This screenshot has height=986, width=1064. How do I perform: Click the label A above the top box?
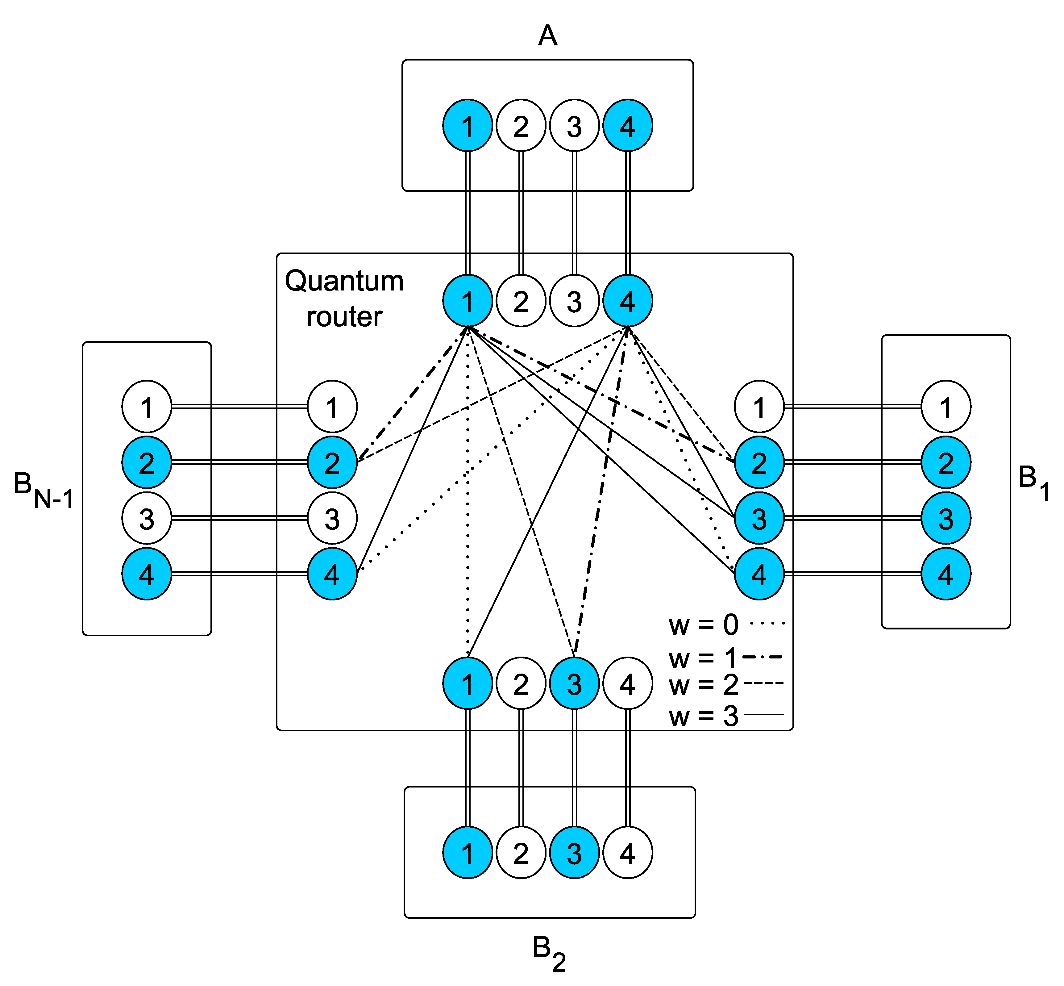coord(548,36)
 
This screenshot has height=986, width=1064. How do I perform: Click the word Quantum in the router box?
coord(344,281)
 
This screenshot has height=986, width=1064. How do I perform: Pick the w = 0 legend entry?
coord(725,624)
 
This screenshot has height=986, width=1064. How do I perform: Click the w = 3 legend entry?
coord(725,716)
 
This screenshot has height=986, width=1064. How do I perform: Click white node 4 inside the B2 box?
coord(628,854)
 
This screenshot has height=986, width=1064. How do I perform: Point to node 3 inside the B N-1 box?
coord(147,518)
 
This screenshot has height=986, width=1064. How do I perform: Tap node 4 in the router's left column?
coord(332,574)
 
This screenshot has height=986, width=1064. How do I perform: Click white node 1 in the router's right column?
coord(759,407)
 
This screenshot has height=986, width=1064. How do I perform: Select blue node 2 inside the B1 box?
coord(946,462)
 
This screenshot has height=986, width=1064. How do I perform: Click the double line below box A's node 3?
coord(574,213)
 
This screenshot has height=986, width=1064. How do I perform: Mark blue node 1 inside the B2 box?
coord(467,854)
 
